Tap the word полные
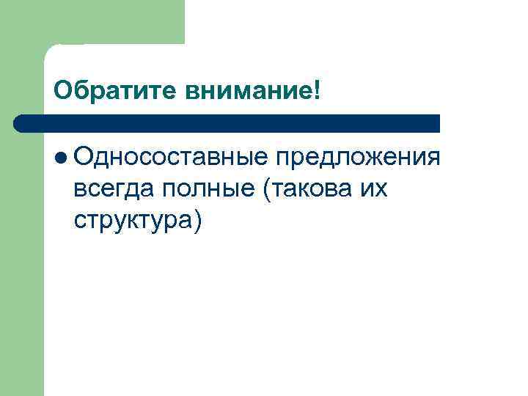pyautogui.click(x=208, y=190)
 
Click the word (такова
pyautogui.click(x=309, y=190)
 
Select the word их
pyautogui.click(x=373, y=190)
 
